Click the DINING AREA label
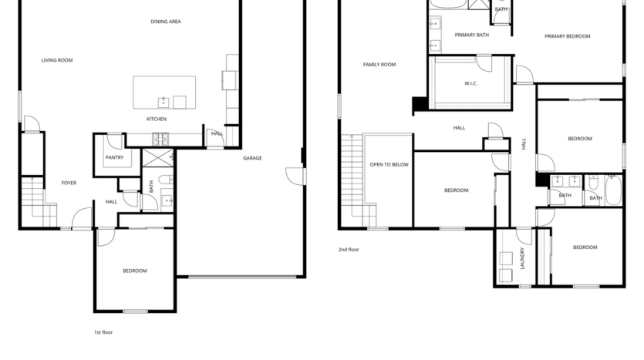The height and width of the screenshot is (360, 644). (165, 22)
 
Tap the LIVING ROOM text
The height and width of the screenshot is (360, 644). (57, 59)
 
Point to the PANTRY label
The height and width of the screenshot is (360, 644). (114, 158)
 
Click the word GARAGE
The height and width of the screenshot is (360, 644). (252, 158)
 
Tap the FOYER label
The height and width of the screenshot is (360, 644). (69, 183)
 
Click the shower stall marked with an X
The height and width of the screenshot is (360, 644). (157, 159)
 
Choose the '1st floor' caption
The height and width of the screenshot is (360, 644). (103, 332)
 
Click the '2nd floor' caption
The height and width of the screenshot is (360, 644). (349, 250)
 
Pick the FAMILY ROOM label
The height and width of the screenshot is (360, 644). (379, 65)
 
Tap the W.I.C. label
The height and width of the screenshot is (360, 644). (470, 83)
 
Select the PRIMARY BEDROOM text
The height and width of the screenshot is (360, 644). (567, 36)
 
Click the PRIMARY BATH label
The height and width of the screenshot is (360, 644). (471, 35)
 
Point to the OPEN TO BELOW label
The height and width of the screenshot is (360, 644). (389, 165)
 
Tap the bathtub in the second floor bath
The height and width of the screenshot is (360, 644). (613, 190)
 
